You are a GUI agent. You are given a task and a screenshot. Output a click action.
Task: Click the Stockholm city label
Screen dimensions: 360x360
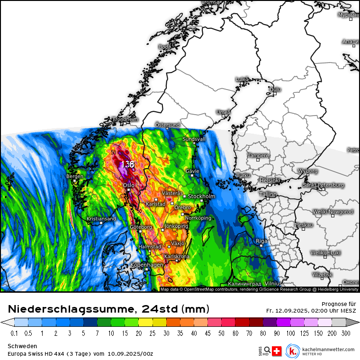[202, 196]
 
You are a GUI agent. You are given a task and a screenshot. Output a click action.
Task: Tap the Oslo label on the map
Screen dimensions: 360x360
[129, 185]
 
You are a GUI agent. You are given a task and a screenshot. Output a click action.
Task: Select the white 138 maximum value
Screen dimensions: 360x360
[127, 164]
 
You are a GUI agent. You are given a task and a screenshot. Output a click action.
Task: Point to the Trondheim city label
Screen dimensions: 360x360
[125, 119]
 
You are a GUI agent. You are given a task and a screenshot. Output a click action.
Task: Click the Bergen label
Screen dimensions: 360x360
[75, 176]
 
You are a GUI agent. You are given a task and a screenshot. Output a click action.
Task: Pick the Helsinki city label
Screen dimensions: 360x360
[270, 180]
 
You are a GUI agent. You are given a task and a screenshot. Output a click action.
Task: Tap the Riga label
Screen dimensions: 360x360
[262, 241]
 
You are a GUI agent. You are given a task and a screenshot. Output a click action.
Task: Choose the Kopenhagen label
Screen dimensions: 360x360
[147, 265]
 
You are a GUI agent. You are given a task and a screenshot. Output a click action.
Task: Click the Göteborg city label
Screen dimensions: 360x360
[141, 227]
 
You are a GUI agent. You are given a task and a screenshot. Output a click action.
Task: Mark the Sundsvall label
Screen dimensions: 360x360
[194, 139]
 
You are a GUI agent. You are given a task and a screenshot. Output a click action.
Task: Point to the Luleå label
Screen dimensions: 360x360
[242, 79]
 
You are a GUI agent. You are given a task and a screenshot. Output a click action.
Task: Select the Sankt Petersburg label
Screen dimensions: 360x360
[324, 185]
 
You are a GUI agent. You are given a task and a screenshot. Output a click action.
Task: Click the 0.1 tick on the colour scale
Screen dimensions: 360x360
[14, 333]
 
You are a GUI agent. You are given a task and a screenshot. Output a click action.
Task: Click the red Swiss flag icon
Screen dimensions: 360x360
[278, 351]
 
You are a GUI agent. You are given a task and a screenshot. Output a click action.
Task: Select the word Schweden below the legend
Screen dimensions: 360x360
[21, 346]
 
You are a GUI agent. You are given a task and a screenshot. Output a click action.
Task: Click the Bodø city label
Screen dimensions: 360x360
[165, 47]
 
